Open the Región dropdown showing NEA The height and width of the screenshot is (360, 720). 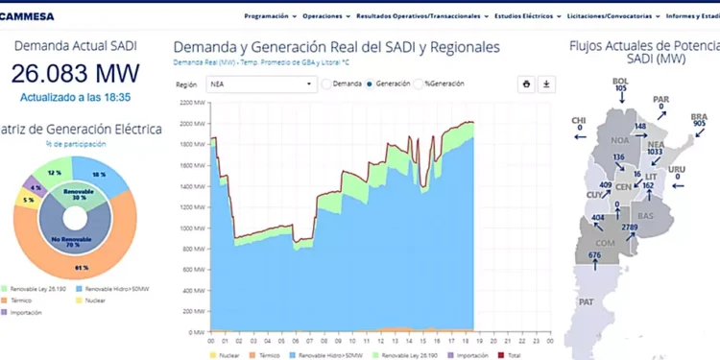pos(261,84)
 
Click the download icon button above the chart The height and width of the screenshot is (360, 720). pos(546,84)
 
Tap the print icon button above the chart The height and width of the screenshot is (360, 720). pos(526,84)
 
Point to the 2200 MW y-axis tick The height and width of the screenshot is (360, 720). pos(192,102)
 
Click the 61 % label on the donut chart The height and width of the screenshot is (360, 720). pos(82,267)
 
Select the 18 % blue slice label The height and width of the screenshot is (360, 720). pos(99,175)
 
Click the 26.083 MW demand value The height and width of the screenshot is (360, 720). pos(75,73)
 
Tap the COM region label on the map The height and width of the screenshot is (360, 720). pos(606,243)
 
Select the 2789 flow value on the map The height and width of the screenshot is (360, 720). pos(630,227)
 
